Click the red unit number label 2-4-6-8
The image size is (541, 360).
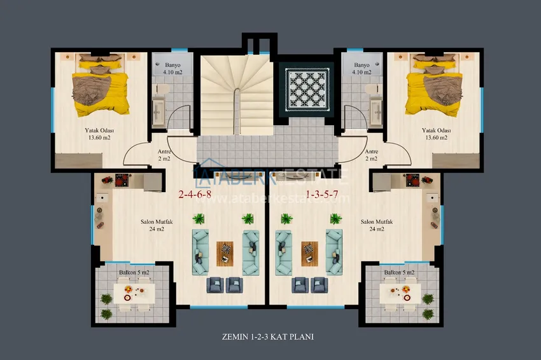195,195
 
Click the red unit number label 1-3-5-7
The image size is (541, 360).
322,195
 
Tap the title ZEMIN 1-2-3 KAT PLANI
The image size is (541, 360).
268,337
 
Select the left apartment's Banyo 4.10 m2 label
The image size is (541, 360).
172,69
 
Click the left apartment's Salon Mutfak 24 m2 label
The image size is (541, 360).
157,225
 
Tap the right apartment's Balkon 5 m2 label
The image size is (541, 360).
399,272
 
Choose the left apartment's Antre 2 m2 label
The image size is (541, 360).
164,155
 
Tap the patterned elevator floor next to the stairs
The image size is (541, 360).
307,87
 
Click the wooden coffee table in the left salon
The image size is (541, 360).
225,254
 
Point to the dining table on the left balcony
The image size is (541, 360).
134,293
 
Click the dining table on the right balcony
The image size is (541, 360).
400,293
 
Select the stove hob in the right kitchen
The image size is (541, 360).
412,180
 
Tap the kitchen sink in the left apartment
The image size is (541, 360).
102,198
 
